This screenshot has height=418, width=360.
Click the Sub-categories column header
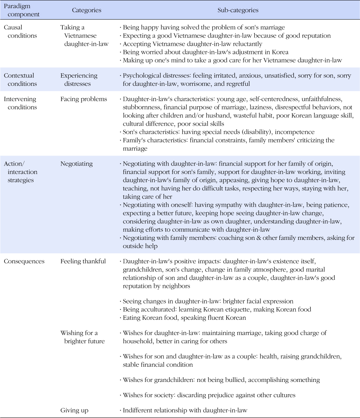tap(238, 10)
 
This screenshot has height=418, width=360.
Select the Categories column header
tap(87, 10)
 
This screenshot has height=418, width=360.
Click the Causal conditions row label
tap(20, 32)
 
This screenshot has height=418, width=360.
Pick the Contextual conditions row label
tap(20, 80)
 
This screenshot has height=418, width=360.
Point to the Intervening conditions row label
tap(20, 103)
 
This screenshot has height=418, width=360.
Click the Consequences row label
tap(24, 261)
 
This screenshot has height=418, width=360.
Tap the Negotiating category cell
tap(77, 164)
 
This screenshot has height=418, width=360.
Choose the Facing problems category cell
tap(83, 99)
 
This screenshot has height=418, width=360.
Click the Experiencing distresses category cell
tap(79, 80)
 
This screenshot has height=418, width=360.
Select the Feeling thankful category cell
tap(83, 261)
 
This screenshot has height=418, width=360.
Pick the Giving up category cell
tap(74, 411)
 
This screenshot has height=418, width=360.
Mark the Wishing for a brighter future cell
tap(82, 337)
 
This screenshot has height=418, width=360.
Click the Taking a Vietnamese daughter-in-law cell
tap(84, 36)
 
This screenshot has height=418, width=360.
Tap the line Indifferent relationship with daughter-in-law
tap(185, 411)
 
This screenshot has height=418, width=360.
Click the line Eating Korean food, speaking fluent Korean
tap(184, 318)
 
